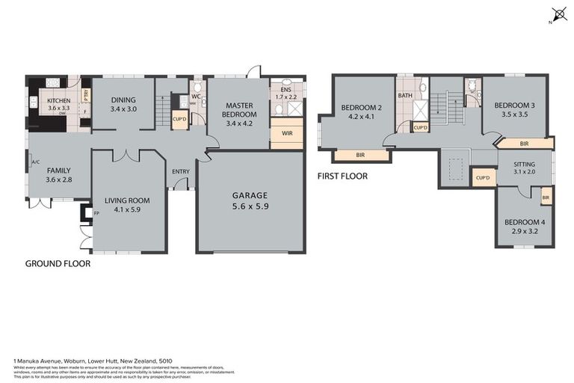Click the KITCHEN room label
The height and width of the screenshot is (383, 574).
coord(58,104)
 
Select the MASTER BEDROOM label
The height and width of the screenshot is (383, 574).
coord(240,109)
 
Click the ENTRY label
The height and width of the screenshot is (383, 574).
coord(180,171)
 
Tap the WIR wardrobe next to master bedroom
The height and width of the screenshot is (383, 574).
coord(286,133)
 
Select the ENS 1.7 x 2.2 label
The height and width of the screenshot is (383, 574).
coord(286,94)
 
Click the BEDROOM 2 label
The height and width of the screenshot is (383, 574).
coord(362,111)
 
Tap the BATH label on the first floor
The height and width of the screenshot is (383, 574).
coord(405,96)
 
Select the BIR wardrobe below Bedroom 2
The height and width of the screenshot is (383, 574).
coord(361,156)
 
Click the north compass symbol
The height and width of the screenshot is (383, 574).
coord(558,14)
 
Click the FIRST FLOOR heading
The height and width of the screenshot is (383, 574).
coord(342,177)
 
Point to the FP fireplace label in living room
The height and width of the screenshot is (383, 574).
coord(96,213)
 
